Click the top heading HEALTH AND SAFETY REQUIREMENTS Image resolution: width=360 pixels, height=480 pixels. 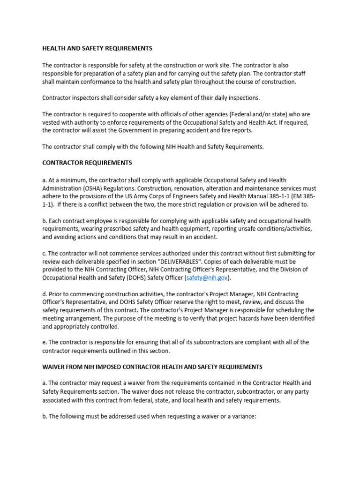(97, 48)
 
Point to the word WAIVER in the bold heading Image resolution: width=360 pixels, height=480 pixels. (55, 367)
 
